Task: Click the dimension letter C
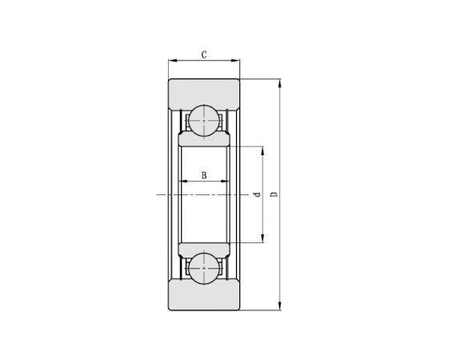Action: point(204,54)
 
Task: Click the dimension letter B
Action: point(204,175)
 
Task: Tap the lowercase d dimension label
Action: point(257,194)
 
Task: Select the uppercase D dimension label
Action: point(274,194)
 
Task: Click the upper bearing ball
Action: point(204,123)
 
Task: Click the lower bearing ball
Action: point(204,266)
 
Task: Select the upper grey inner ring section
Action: point(204,141)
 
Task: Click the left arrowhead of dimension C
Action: point(170,61)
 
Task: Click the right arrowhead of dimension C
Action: point(238,61)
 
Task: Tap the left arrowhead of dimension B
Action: point(181,182)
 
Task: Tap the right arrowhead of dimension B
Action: point(228,182)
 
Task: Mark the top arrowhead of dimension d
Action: point(264,150)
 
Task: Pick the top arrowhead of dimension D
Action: point(280,82)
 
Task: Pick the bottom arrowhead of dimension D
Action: point(280,306)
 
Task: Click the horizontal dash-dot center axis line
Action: point(160,194)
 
